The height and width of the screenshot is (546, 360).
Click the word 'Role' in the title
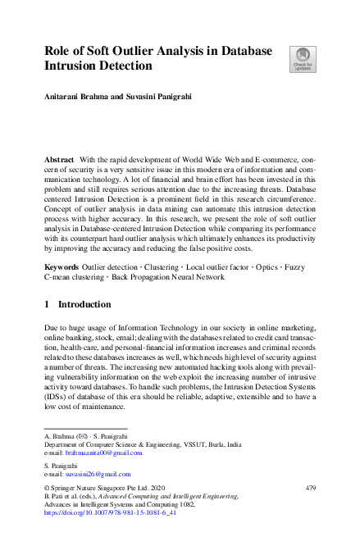(60, 51)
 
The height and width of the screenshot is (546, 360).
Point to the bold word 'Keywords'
(62, 268)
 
